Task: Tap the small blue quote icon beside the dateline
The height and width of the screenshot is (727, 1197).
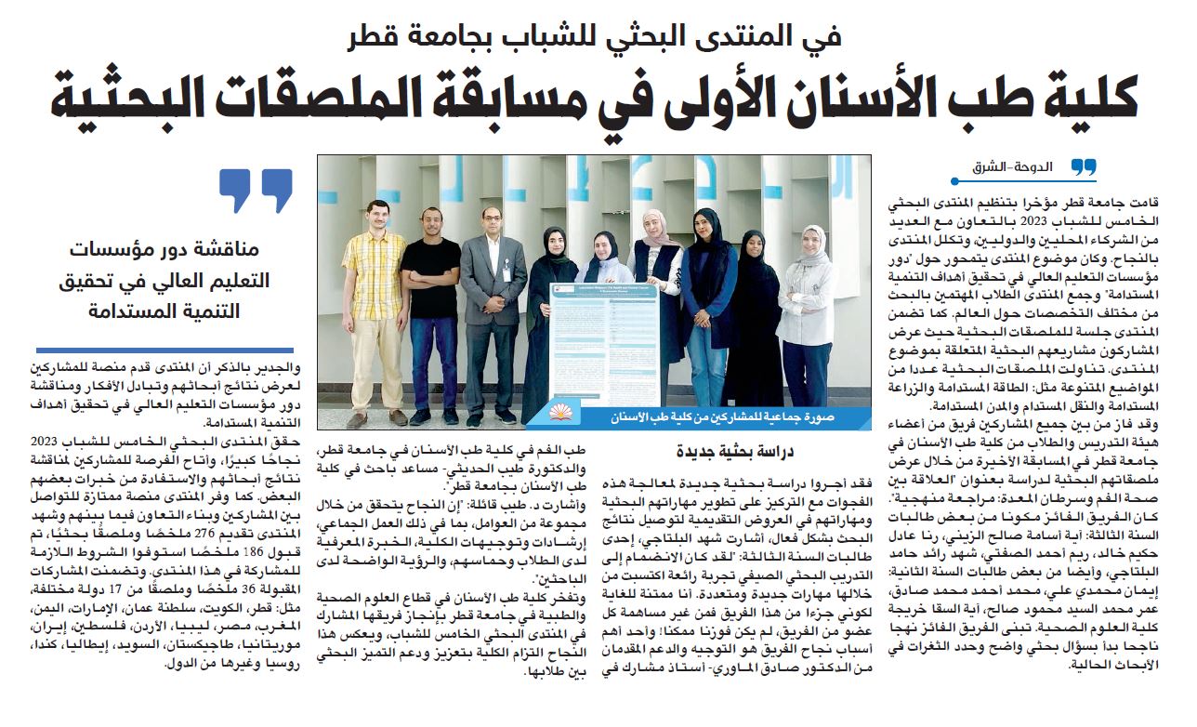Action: tap(1084, 167)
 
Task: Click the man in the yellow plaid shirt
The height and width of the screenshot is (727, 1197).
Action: tap(375, 297)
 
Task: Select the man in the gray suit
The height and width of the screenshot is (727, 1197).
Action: tap(493, 307)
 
